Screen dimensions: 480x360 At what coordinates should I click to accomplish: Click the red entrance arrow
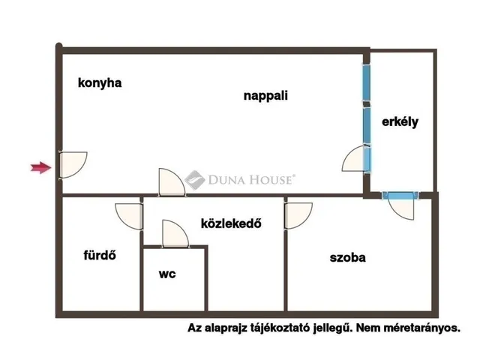coord(40,167)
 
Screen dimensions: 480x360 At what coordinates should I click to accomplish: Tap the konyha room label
coord(100,83)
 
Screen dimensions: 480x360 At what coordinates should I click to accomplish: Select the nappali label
coord(265,96)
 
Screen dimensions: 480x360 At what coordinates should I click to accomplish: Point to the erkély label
coord(400,121)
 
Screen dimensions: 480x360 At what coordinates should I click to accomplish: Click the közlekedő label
coord(232,223)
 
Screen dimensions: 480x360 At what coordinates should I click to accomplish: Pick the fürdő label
coord(100,255)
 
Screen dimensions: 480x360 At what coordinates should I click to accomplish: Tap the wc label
coord(167,274)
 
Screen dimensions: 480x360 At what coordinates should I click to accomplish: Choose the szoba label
coord(348,257)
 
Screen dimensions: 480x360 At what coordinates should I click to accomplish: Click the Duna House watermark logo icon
coord(195,180)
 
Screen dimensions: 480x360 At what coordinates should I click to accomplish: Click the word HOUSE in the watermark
coord(271,180)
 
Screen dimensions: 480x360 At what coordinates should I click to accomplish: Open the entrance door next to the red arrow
coord(73,165)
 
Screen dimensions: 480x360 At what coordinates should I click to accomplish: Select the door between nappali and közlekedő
coord(172,182)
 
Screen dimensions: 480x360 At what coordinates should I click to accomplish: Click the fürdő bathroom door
coord(129,217)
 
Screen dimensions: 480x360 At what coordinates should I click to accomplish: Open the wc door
coord(175,233)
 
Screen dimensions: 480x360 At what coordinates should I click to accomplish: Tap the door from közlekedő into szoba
coord(298,215)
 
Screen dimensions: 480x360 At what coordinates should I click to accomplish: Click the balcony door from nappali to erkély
coord(356,158)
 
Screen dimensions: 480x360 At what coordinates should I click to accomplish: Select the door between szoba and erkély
coord(400,205)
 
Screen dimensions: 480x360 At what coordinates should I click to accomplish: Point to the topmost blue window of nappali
coord(367,82)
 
